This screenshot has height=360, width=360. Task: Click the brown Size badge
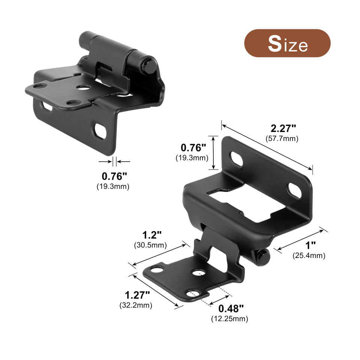287,43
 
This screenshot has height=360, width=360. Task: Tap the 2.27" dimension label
283,128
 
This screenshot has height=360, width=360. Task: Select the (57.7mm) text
282,139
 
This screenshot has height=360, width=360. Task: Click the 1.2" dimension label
152,235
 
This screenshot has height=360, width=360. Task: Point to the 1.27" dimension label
137,295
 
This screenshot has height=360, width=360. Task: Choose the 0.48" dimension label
231,309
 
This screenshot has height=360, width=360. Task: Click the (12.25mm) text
229,319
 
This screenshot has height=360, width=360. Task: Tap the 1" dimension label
310,245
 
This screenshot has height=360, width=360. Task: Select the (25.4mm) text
309,255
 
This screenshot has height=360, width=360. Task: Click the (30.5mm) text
150,245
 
